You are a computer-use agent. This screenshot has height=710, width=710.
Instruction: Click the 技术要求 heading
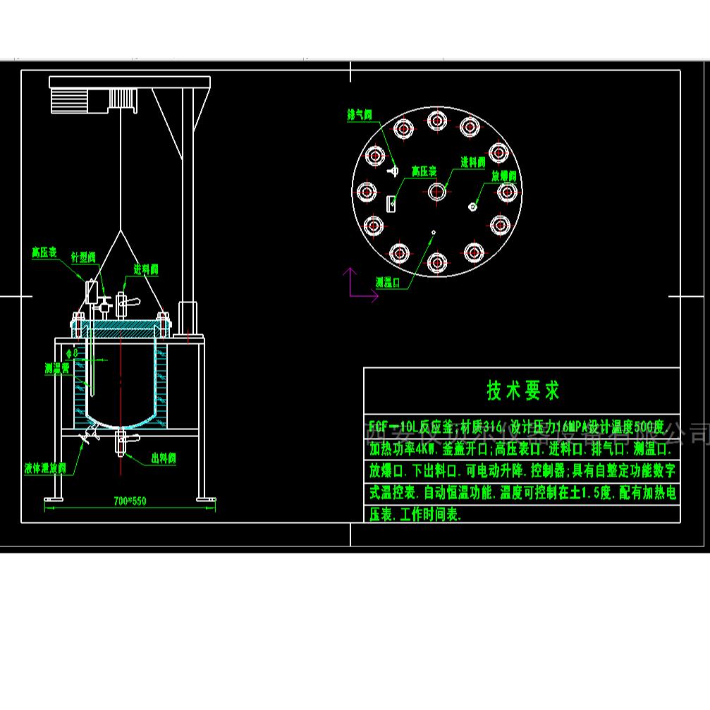coord(522,391)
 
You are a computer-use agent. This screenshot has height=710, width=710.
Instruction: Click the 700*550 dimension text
coord(130,501)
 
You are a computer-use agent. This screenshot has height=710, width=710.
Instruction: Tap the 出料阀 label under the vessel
coord(164,459)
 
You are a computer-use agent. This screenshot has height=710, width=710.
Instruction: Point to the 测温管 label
coord(56,367)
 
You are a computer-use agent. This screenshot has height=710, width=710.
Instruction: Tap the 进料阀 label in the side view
coord(146,269)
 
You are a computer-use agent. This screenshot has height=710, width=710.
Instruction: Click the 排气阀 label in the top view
coord(360,114)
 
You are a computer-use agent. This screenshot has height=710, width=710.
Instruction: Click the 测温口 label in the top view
coord(388,282)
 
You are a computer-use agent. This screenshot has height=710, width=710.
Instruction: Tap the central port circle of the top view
coord(437,190)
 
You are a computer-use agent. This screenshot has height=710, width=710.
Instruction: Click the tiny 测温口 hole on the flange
coord(434,231)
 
